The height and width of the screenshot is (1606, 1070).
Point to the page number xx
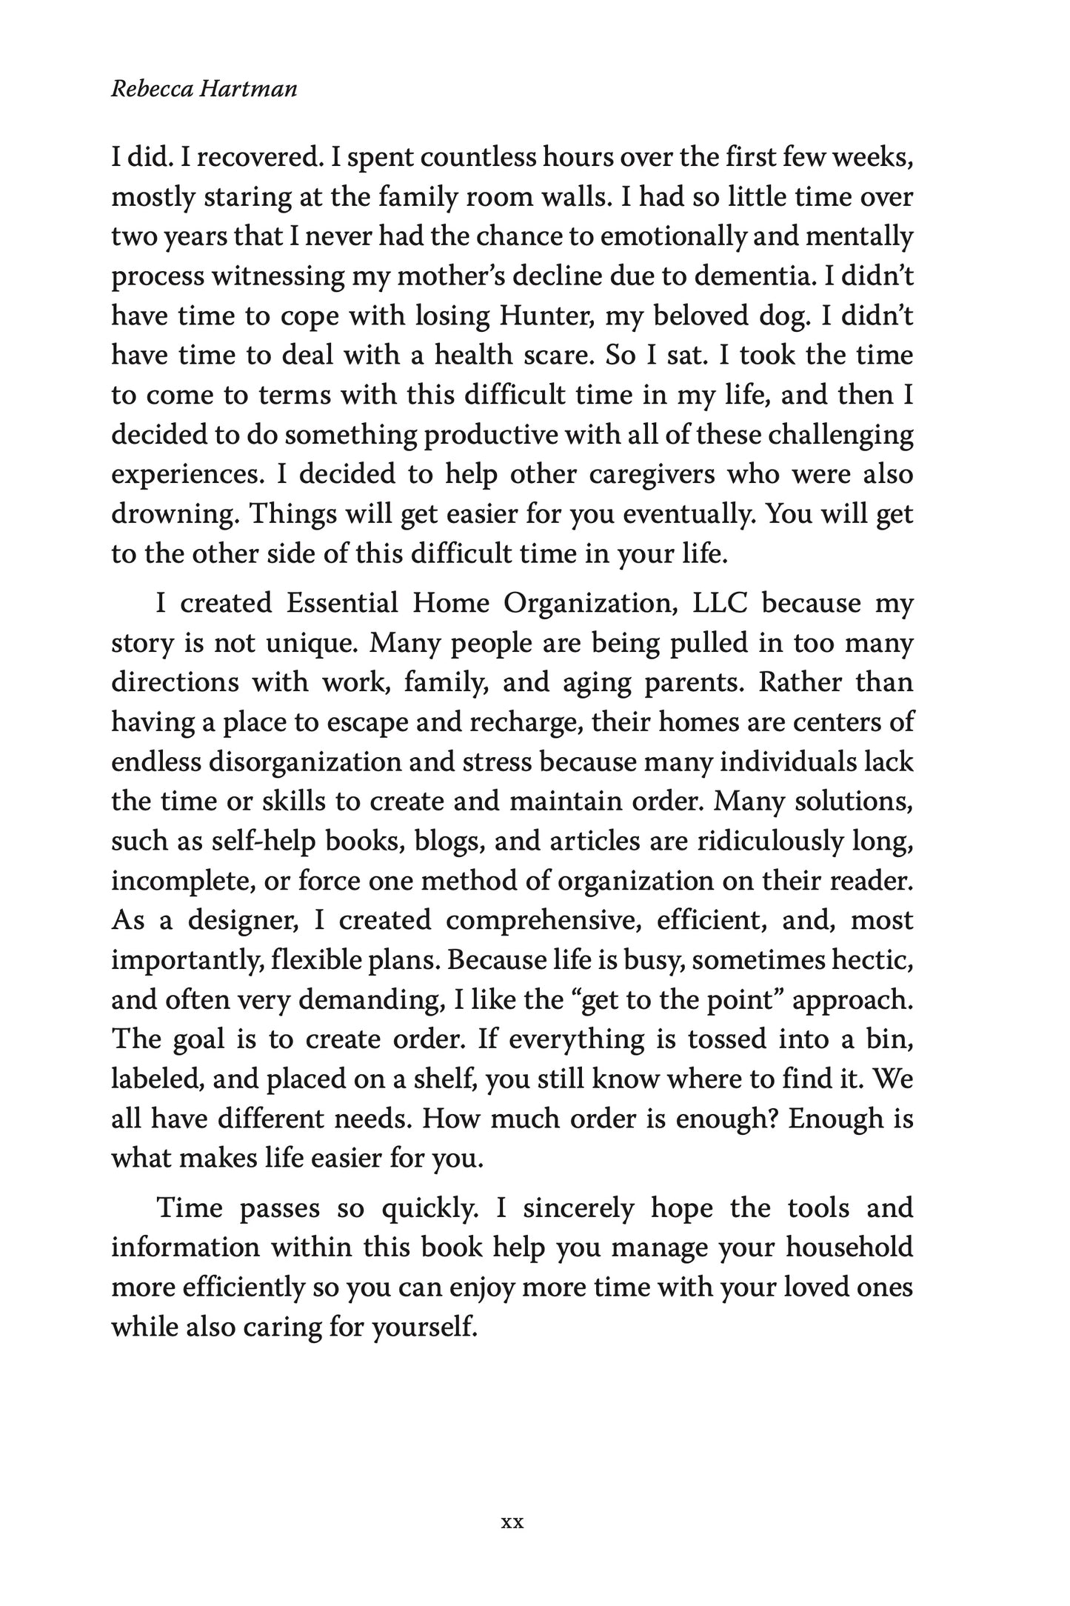512,1502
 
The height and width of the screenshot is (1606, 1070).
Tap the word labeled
155,1079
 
